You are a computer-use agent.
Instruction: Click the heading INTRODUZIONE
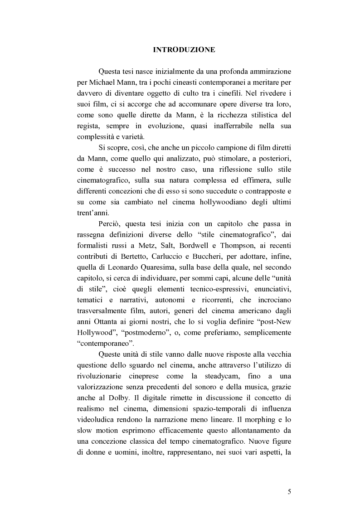click(184, 50)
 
